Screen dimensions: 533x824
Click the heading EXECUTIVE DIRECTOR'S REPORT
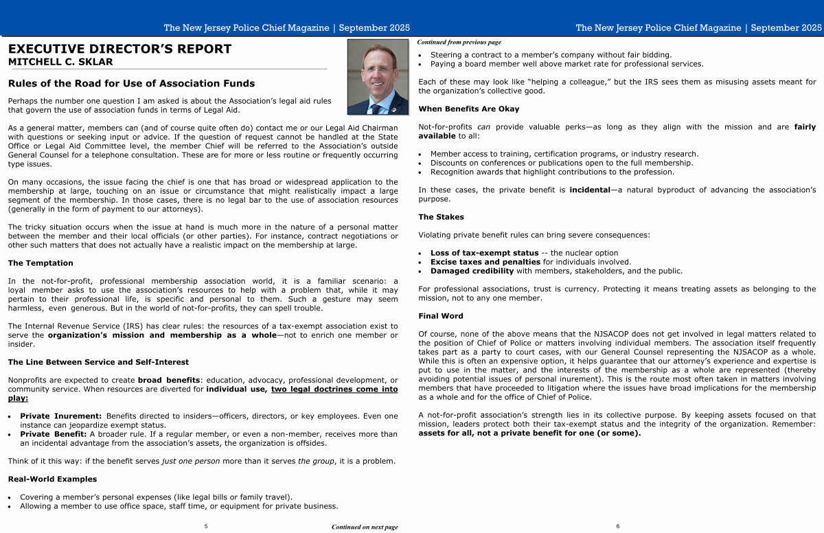119,49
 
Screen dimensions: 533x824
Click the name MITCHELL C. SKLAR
60,62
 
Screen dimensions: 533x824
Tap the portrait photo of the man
378,76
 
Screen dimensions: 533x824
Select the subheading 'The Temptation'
41,263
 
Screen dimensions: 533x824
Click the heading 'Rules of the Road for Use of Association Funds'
131,84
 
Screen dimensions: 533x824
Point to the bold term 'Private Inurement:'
61,416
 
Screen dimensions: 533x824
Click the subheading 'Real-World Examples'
52,479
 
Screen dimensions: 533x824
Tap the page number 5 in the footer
206,526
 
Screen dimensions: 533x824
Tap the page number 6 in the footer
617,526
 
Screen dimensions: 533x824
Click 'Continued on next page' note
365,527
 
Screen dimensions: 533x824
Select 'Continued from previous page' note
459,42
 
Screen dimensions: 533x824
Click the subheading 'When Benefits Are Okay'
468,109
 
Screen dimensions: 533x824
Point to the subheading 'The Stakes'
441,217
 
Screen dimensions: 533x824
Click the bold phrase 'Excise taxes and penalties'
485,262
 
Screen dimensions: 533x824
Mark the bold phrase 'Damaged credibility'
472,271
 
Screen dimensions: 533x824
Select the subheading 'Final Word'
440,316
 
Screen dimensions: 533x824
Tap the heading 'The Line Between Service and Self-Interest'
98,362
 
